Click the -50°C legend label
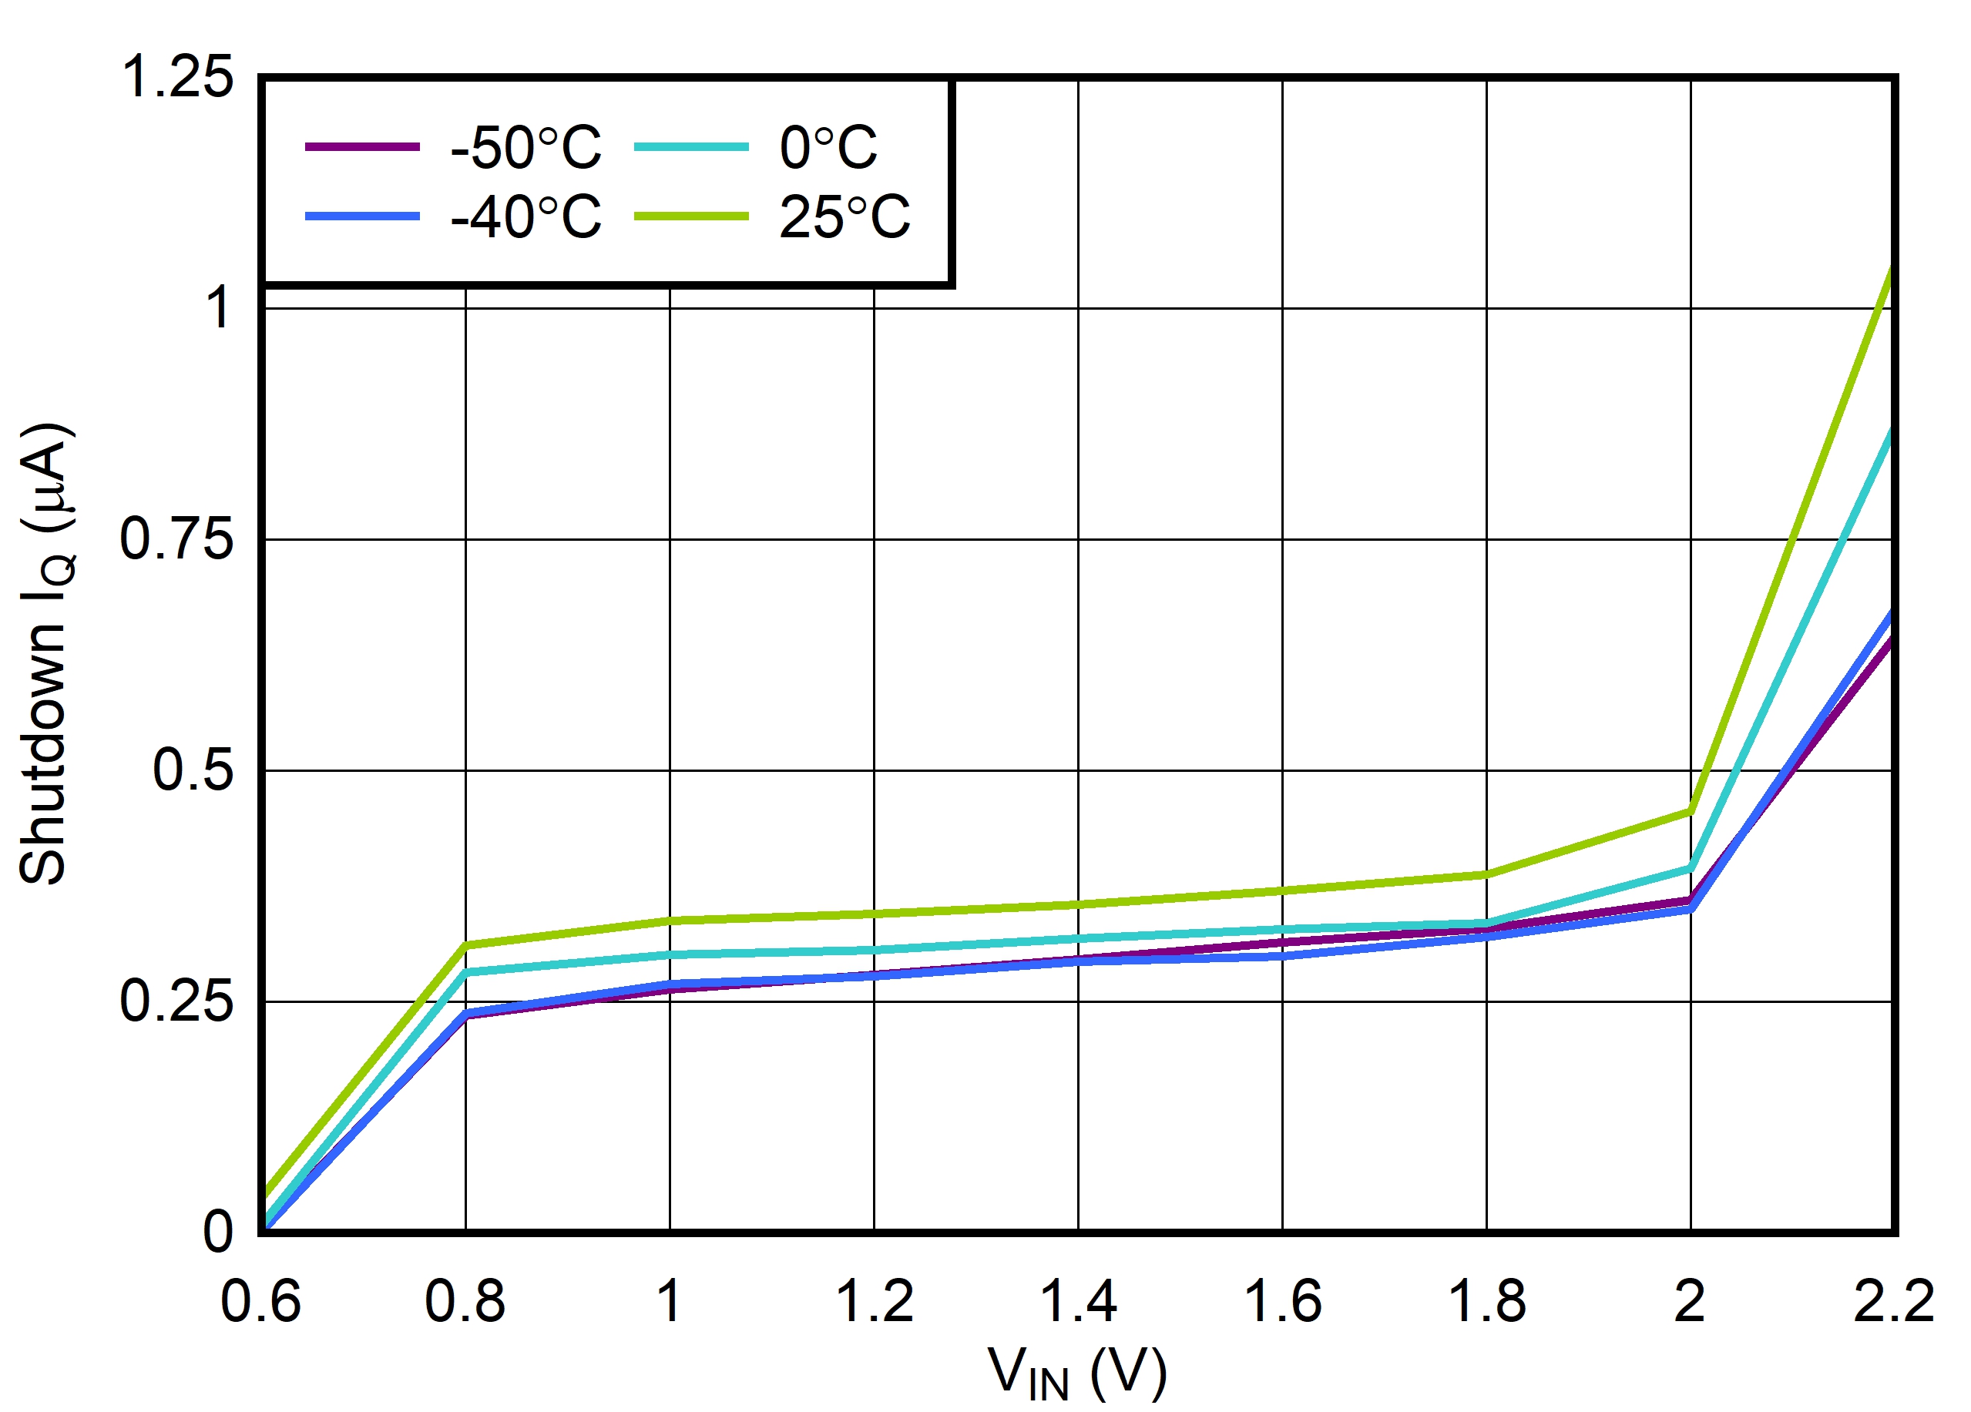pos(525,148)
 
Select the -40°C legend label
pos(525,216)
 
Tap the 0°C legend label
pos(828,148)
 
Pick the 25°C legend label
pos(844,216)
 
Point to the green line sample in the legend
pos(691,216)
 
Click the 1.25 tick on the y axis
pos(176,76)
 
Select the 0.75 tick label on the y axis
pos(176,538)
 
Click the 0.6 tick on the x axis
pos(260,1302)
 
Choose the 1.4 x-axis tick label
pos(1078,1302)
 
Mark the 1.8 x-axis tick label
pos(1486,1302)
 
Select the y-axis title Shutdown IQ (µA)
pos(45,653)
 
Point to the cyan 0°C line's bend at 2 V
pos(1691,869)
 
